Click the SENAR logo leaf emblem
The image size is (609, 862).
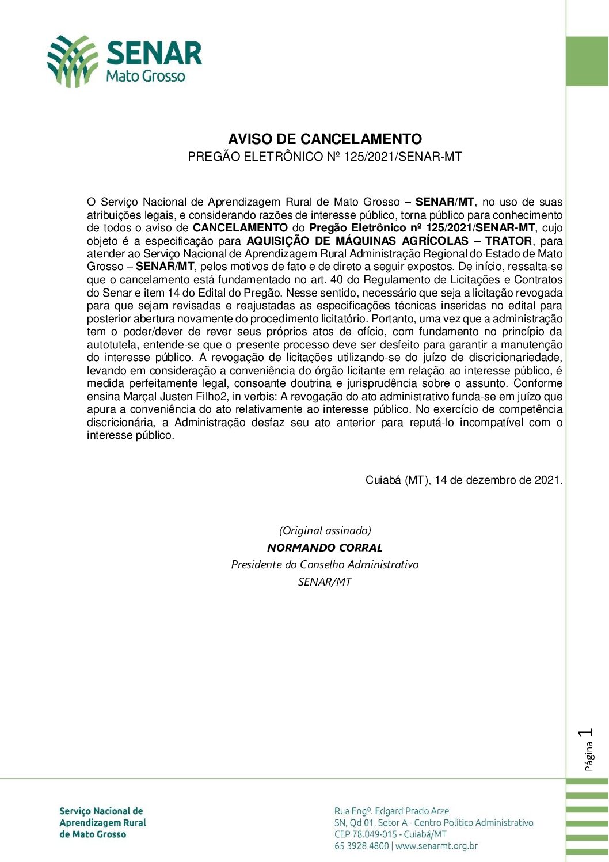[x=72, y=61]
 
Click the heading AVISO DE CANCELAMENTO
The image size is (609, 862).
[x=325, y=139]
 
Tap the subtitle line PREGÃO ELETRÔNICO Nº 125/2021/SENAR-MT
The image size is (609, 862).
[x=325, y=157]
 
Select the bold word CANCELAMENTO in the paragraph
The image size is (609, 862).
[x=240, y=228]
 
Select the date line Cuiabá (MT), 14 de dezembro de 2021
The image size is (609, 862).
[x=464, y=480]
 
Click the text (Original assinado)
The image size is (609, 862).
[x=325, y=531]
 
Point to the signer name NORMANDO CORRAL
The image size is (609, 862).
[x=325, y=548]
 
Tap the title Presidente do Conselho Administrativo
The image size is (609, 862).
[x=325, y=565]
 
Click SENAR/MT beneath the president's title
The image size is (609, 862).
[x=325, y=582]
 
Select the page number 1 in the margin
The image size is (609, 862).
[x=587, y=733]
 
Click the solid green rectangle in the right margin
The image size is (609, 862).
[x=587, y=62]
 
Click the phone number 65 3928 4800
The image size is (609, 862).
[x=361, y=846]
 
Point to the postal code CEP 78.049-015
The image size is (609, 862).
[x=366, y=834]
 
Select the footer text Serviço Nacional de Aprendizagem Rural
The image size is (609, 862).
[x=102, y=817]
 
